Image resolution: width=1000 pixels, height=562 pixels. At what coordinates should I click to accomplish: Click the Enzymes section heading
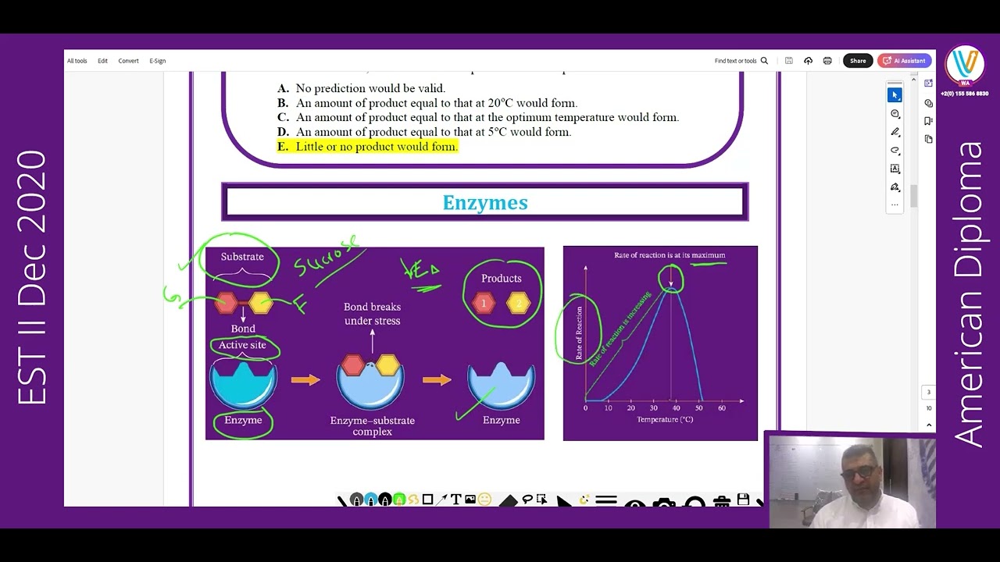point(485,203)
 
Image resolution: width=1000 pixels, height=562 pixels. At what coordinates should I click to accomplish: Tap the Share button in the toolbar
point(858,61)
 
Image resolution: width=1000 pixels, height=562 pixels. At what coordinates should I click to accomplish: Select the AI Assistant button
point(905,61)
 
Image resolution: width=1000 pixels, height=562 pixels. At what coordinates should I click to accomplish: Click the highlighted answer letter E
point(282,147)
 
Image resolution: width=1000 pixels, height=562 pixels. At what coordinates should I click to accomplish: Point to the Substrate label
point(242,257)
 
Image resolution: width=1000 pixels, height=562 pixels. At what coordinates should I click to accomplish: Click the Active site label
point(242,345)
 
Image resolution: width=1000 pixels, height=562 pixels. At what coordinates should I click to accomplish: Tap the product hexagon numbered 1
point(484,303)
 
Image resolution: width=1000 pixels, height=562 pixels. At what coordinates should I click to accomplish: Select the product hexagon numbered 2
point(519,303)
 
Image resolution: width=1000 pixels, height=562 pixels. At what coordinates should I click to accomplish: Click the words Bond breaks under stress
point(372,314)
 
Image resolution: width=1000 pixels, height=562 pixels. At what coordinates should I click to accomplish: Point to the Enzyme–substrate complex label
point(372,425)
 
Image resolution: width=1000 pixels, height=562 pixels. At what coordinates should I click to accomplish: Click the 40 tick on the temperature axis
point(677,408)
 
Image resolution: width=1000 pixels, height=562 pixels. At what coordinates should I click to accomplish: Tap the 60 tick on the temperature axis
point(722,408)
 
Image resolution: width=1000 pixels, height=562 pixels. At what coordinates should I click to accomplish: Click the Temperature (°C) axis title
point(665,420)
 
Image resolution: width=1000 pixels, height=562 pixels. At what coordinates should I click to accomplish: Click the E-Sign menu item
point(158,61)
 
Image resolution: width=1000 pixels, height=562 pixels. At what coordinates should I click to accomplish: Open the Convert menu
point(128,61)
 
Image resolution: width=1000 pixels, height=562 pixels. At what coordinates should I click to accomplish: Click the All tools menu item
point(77,61)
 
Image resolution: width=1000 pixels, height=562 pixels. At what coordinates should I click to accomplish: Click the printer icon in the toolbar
point(827,61)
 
